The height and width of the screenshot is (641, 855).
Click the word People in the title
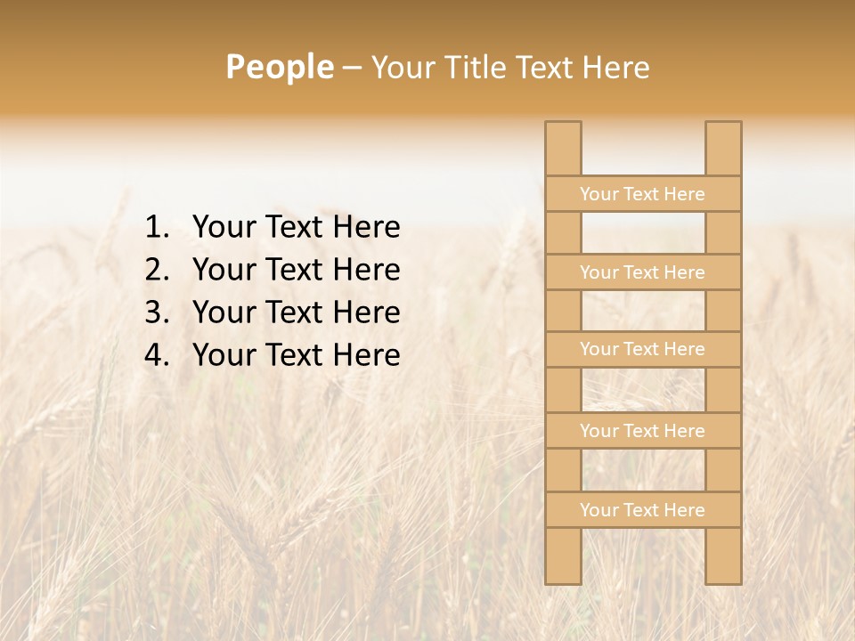pos(279,68)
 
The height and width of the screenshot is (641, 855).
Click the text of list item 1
pos(296,228)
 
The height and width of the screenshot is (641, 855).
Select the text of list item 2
pos(296,270)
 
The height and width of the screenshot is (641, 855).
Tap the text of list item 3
pos(296,312)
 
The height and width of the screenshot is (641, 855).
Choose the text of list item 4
pos(296,355)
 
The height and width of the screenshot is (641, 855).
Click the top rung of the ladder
pos(642,194)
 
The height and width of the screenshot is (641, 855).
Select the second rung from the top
pos(642,272)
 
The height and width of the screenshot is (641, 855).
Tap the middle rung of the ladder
pos(642,350)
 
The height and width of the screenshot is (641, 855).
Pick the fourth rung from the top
pos(642,431)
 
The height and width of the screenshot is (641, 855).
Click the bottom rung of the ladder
pos(642,510)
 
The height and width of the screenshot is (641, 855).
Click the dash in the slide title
pos(352,69)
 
